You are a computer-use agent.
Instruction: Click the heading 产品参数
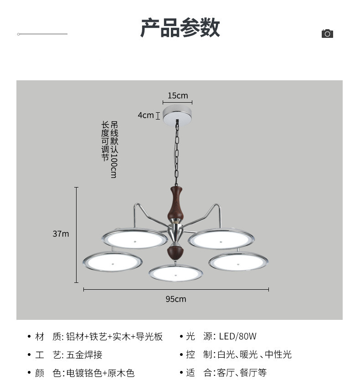click(180, 28)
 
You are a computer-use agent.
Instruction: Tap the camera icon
click(327, 34)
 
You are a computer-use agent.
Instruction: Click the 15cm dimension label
click(178, 95)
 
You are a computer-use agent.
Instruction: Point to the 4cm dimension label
click(146, 115)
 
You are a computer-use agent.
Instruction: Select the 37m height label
click(61, 234)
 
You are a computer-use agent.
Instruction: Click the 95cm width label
click(176, 299)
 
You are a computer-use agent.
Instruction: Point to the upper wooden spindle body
click(177, 203)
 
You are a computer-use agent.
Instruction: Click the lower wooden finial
click(175, 252)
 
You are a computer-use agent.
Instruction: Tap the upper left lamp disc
click(135, 239)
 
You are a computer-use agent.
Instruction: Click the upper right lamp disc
click(221, 239)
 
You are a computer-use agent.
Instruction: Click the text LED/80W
click(238, 337)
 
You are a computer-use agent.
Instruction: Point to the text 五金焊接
click(84, 355)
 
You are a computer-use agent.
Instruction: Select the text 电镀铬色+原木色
click(101, 373)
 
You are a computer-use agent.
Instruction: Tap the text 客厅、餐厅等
click(242, 373)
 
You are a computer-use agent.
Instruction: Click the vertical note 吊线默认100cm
click(114, 149)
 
